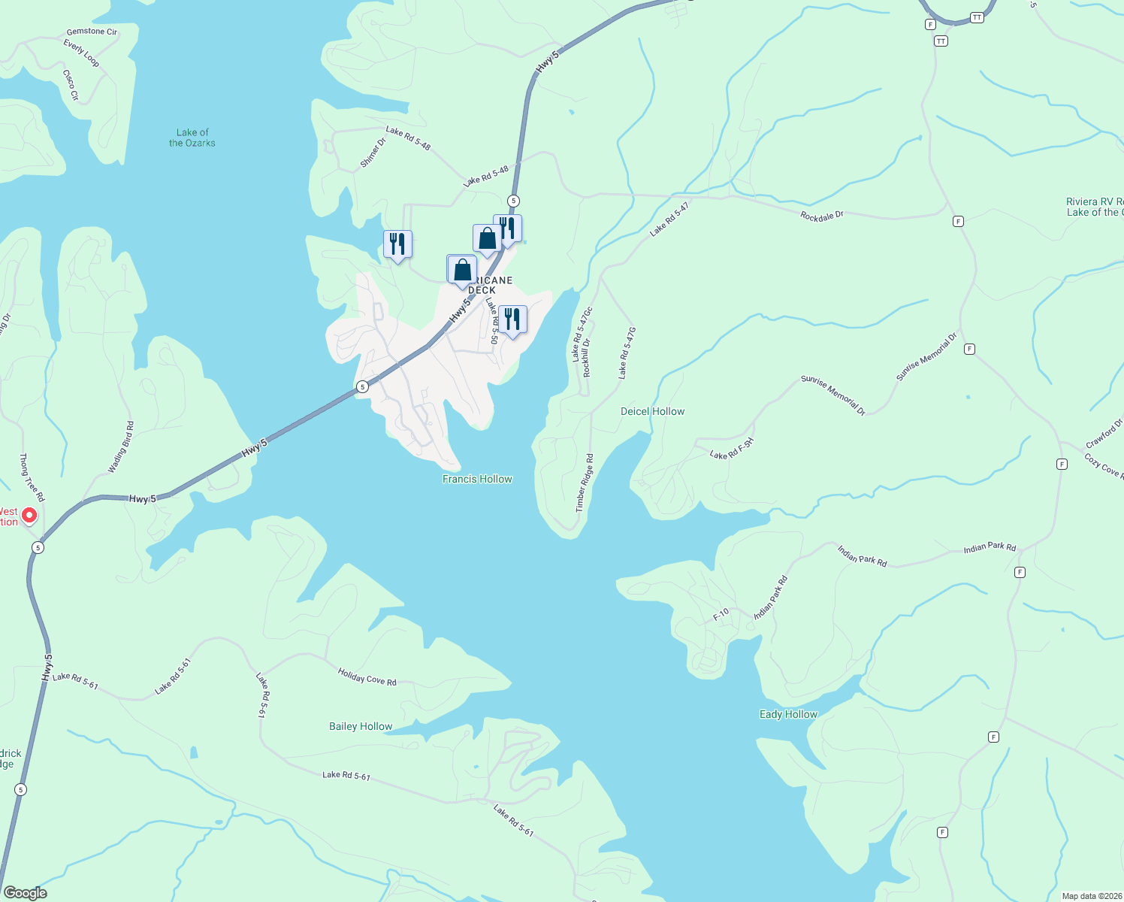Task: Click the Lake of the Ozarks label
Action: pos(192,138)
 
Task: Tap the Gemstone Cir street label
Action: pos(92,32)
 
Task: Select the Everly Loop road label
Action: pos(81,53)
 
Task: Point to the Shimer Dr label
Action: pos(373,153)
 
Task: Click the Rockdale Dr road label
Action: pos(822,216)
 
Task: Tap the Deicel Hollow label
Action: pos(652,411)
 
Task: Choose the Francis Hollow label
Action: pos(477,479)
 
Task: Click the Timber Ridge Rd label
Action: pos(585,483)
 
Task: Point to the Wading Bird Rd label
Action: pos(121,447)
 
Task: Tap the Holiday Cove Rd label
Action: pos(367,676)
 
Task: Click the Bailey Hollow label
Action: pos(361,726)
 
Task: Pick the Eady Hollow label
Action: pos(788,714)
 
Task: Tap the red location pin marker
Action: pos(29,515)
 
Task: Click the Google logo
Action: pos(25,893)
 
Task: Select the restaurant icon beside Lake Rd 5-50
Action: pos(512,319)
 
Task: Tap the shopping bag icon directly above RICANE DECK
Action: pos(462,270)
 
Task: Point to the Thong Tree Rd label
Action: pos(32,478)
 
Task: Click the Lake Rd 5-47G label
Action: pos(627,353)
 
